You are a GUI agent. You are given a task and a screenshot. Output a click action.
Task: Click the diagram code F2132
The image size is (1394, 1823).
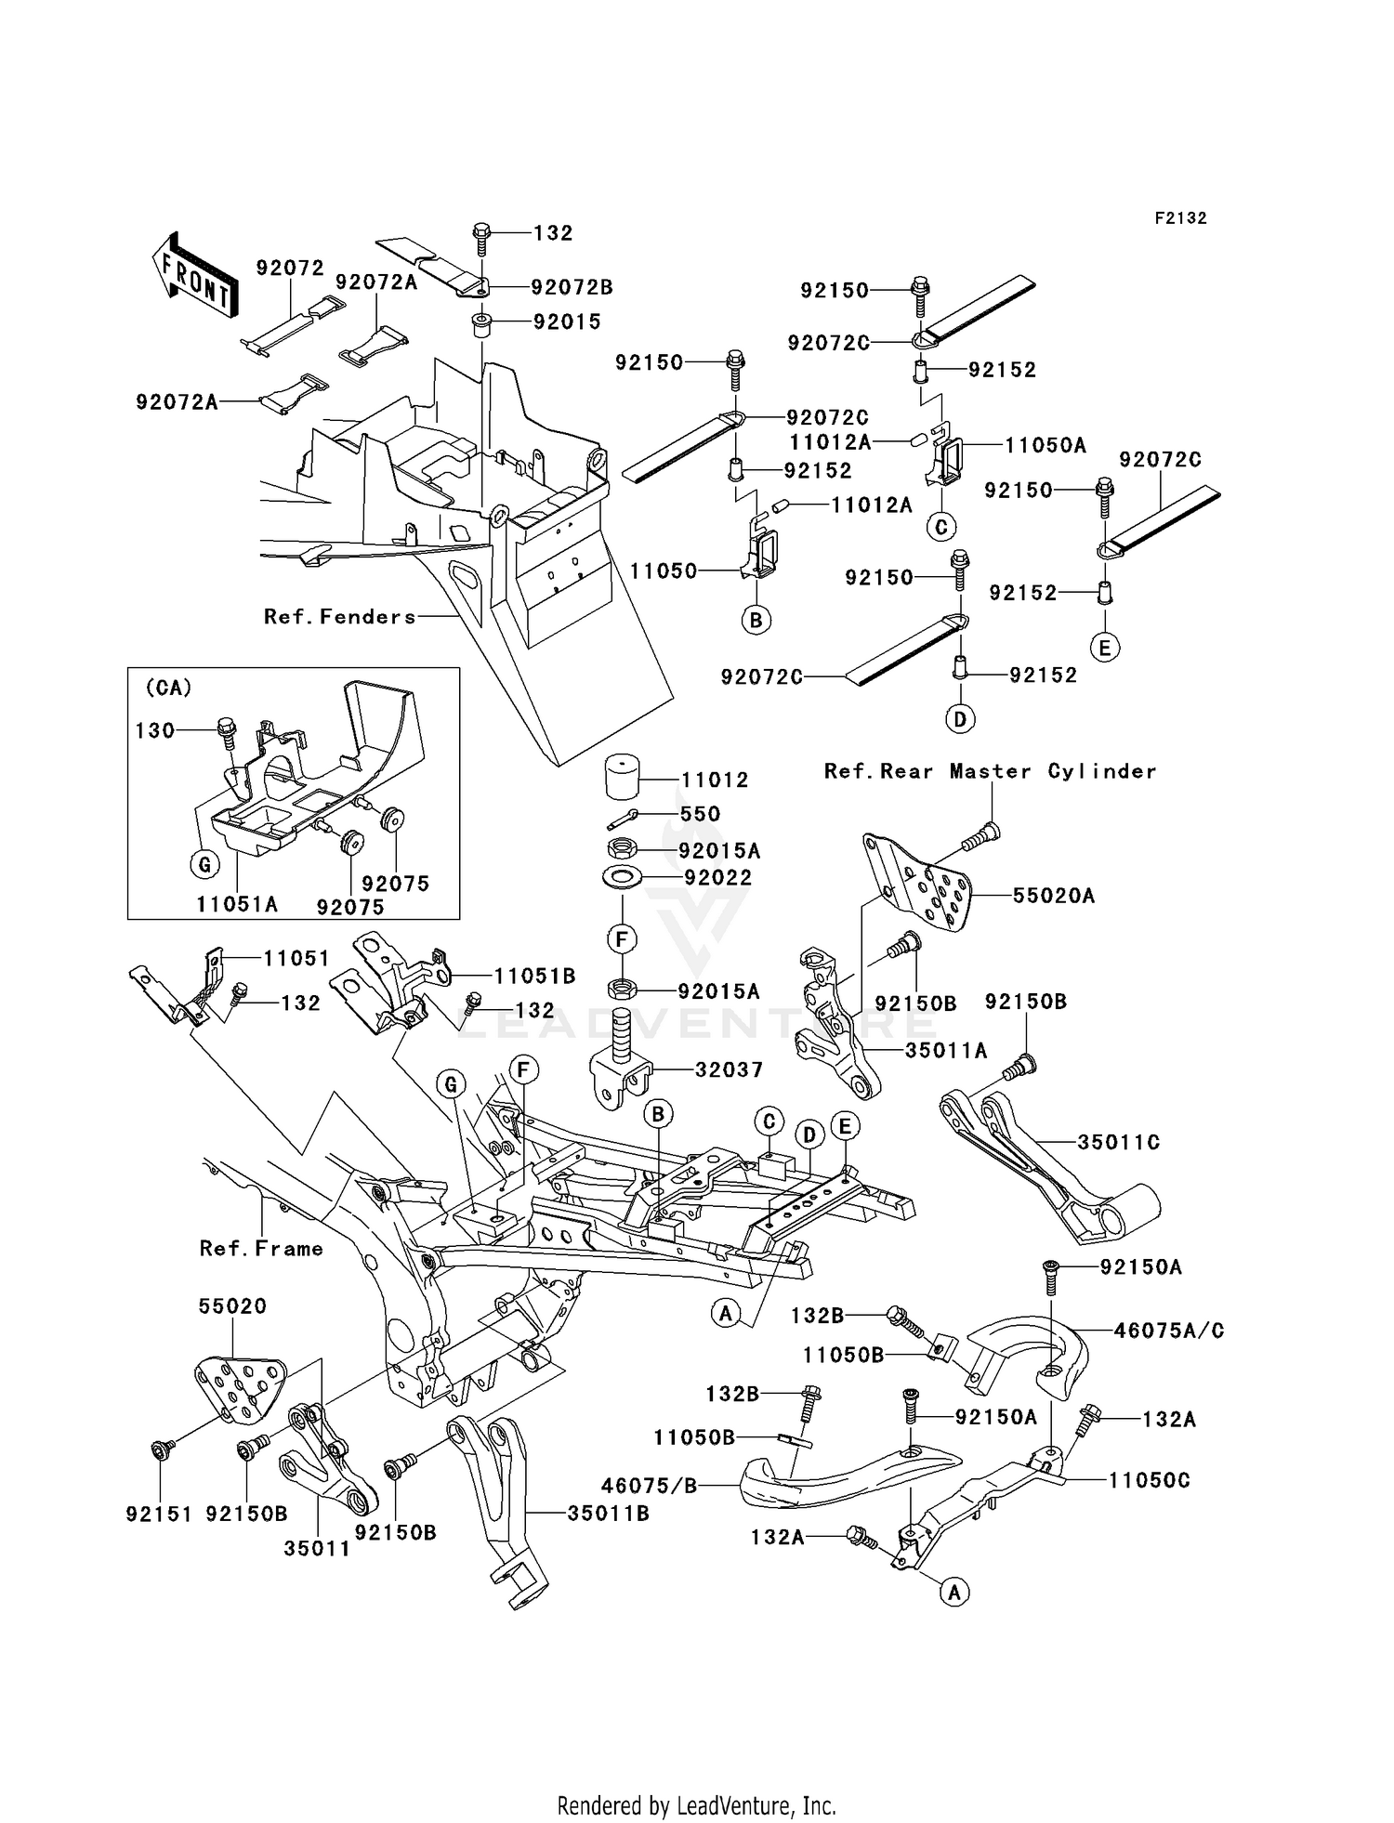click(x=1180, y=218)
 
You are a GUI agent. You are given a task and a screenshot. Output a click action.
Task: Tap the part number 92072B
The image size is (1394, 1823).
click(x=572, y=287)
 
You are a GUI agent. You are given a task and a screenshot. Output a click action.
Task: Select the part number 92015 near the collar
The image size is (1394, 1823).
click(x=567, y=321)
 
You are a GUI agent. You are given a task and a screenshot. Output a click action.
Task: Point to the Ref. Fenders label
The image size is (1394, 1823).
click(x=340, y=617)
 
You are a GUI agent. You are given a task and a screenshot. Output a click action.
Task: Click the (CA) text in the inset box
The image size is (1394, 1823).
click(x=168, y=689)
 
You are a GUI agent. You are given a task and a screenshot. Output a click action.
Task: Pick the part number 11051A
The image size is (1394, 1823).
click(x=237, y=903)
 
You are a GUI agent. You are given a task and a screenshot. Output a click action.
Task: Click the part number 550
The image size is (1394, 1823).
click(x=700, y=814)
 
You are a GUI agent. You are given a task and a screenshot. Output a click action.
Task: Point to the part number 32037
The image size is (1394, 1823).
click(x=729, y=1069)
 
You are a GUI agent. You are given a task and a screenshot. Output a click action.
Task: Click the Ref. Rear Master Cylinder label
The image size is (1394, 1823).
click(x=990, y=771)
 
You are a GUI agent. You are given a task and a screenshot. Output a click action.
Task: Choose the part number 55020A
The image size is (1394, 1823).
click(x=1053, y=896)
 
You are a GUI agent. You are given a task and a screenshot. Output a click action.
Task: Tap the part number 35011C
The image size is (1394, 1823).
click(x=1118, y=1142)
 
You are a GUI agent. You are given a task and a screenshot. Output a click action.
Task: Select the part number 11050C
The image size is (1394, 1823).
click(x=1149, y=1480)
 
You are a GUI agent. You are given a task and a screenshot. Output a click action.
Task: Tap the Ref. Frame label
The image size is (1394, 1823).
click(x=261, y=1249)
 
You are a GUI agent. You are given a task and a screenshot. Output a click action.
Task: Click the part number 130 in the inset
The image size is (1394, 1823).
click(x=155, y=731)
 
